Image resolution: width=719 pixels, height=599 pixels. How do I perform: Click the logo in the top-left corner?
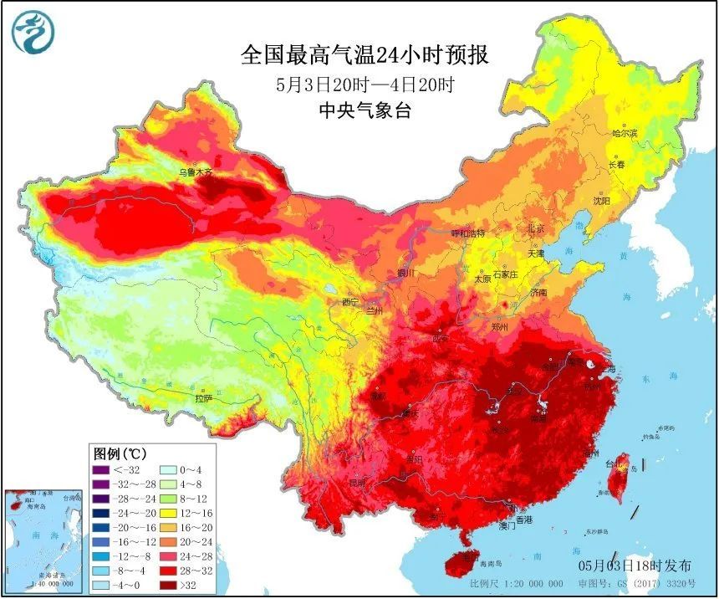32,33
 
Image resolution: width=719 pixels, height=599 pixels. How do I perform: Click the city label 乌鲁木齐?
197,172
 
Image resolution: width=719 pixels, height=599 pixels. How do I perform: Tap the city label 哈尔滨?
624,133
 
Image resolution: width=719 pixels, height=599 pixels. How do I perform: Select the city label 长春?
616,165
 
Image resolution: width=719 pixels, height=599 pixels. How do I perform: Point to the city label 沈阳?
601,201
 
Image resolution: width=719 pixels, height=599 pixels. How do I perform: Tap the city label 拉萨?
204,399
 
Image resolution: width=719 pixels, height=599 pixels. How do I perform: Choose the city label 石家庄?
506,274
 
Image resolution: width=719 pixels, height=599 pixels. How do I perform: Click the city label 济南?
539,293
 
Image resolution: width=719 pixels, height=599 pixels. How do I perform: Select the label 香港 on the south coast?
523,520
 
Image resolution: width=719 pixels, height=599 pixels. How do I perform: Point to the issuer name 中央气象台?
365,110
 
